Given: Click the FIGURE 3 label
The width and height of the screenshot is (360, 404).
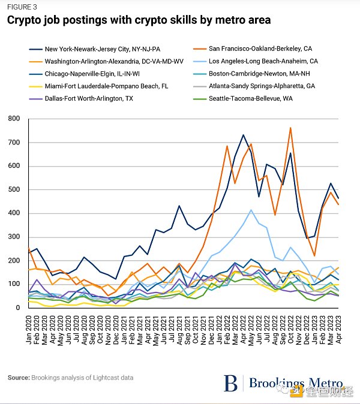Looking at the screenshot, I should click(22, 7).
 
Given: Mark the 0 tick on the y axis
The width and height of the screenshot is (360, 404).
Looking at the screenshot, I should click(18, 307).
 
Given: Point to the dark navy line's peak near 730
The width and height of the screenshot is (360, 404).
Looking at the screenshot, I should click(244, 135).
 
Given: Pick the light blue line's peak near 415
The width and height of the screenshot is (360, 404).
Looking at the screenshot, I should click(251, 210).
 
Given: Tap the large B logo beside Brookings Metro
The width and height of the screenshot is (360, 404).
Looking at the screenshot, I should click(231, 383).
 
